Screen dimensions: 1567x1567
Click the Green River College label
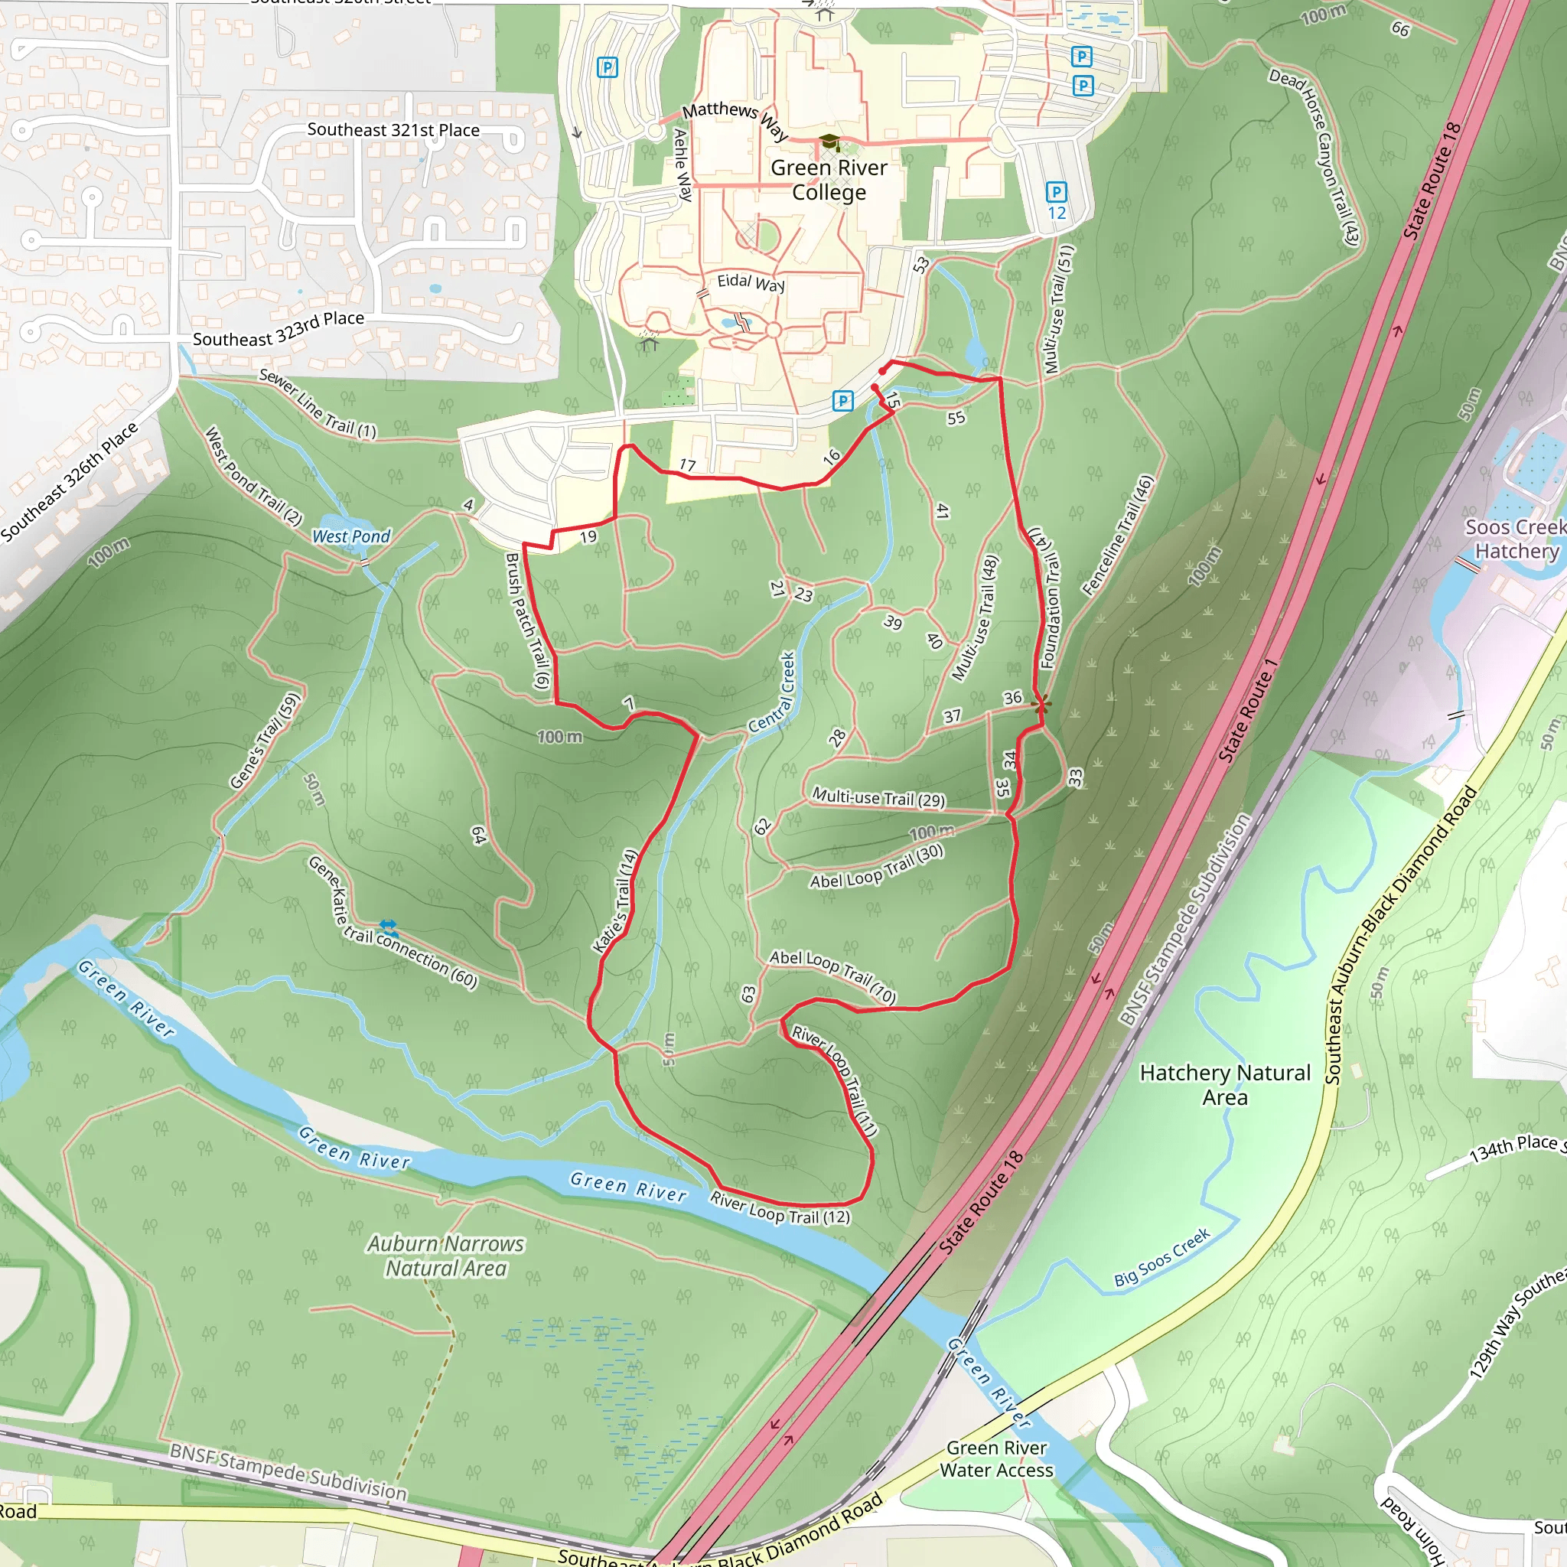[828, 180]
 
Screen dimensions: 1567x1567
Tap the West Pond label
[350, 536]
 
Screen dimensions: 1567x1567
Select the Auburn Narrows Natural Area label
[445, 1256]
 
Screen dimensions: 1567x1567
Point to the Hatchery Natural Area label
[1225, 1084]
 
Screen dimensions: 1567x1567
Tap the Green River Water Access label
[996, 1459]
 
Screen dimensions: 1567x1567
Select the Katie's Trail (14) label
[616, 901]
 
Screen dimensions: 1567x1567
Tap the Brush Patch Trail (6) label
[527, 621]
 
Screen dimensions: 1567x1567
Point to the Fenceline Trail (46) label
[1117, 536]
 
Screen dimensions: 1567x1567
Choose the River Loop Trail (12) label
[780, 1207]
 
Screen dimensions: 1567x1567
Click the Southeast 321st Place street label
[393, 130]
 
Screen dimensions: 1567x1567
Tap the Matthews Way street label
[735, 119]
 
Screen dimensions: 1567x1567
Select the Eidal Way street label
[751, 282]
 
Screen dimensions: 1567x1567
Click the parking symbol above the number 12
[1056, 192]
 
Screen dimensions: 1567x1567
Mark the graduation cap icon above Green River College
[829, 143]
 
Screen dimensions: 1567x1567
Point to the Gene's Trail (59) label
[265, 741]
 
